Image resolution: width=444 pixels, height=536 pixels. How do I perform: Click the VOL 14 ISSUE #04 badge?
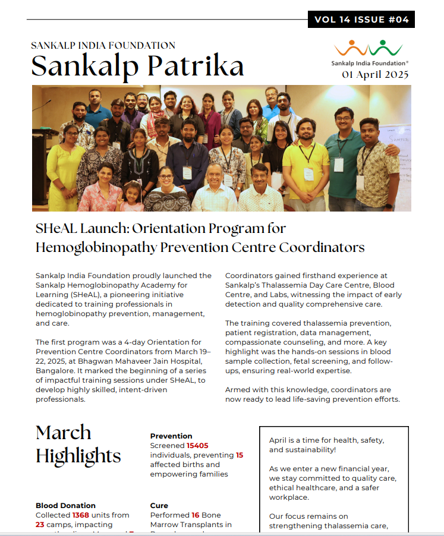361,20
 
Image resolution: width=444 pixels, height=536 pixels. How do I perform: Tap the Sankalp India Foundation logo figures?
368,48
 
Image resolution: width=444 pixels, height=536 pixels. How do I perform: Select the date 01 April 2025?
374,75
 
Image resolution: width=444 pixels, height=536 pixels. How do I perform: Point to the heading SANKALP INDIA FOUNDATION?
103,45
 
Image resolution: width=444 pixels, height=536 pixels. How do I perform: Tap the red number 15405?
197,445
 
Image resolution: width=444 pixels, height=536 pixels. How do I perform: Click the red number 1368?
80,515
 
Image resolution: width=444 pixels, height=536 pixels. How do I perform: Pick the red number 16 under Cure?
195,515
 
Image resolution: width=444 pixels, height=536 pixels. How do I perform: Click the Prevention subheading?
171,436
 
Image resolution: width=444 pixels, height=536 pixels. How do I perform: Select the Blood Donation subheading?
65,505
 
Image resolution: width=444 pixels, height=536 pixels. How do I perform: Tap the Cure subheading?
159,505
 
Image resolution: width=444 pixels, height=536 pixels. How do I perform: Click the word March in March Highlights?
64,432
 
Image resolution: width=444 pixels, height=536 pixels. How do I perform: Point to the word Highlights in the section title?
78,456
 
